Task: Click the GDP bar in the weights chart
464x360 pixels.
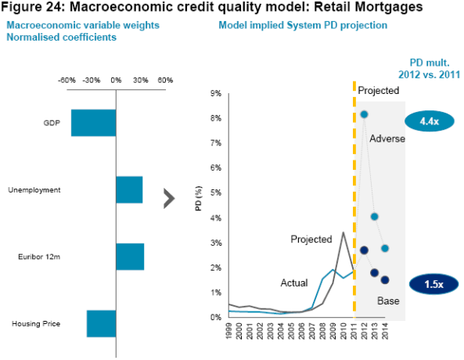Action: point(94,123)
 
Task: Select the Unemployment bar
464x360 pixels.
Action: point(129,189)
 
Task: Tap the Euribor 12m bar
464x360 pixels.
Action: point(130,257)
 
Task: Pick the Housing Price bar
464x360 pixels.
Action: point(101,323)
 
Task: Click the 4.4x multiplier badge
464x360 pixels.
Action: point(429,121)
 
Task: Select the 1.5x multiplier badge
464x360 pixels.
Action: point(433,284)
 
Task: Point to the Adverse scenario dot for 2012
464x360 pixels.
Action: point(364,114)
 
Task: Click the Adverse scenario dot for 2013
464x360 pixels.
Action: point(374,217)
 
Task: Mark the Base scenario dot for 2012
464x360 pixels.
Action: point(364,250)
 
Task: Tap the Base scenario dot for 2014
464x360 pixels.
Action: point(385,279)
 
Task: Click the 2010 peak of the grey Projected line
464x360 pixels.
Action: point(343,232)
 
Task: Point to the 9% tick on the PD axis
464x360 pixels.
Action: point(216,94)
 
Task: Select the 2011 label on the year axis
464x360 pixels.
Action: point(354,331)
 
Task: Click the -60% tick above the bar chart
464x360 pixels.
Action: point(67,81)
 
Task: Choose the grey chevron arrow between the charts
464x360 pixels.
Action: point(169,198)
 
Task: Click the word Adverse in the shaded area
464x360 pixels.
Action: point(387,139)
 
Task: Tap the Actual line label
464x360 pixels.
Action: point(294,283)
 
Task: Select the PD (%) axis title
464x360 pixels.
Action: point(199,198)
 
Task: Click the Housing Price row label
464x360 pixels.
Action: point(36,323)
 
